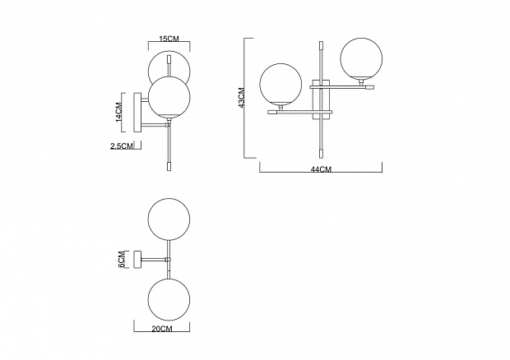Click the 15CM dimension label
pos(169,39)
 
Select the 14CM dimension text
pos(118,112)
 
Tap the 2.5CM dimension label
pos(122,146)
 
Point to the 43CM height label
pos(242,98)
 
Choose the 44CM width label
pos(321,169)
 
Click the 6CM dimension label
pos(121,259)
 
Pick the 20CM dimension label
pos(162,329)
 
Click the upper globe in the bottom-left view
pos(169,219)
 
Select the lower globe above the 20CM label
pos(169,299)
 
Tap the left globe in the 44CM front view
pos(280,84)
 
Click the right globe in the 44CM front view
pos(361,59)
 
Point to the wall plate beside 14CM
pos(137,113)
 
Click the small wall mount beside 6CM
pos(137,259)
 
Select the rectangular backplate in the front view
pos(322,99)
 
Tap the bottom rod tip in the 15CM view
pos(169,166)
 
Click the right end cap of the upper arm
pos(369,87)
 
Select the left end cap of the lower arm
pos(272,112)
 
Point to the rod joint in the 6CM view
pos(168,259)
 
